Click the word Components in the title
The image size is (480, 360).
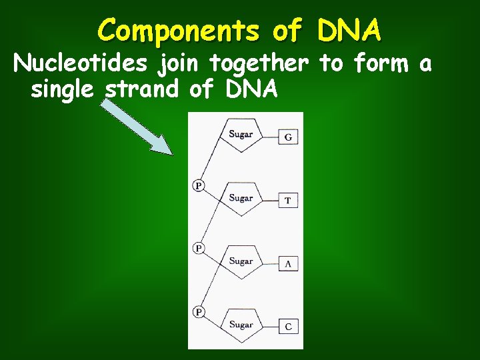coord(179,31)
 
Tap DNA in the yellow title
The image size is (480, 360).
coord(349,30)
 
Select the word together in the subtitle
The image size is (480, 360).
coord(258,65)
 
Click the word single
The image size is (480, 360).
coord(64,89)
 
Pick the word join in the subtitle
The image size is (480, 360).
coord(180,65)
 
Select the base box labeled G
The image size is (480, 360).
coord(288,137)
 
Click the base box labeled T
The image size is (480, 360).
coord(288,200)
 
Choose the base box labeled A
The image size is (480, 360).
coord(288,263)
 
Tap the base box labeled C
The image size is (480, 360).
coord(288,326)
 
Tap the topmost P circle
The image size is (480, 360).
coord(199,185)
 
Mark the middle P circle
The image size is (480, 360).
coord(199,248)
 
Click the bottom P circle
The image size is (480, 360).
coord(199,311)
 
